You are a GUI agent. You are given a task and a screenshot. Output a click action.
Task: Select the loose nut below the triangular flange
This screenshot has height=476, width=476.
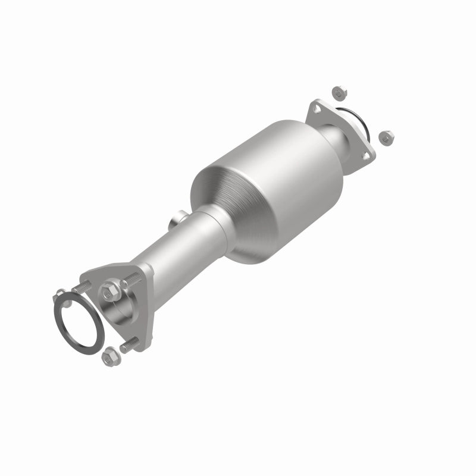pyautogui.click(x=108, y=356)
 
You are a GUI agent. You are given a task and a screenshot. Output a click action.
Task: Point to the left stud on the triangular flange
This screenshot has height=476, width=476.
pyautogui.click(x=83, y=284)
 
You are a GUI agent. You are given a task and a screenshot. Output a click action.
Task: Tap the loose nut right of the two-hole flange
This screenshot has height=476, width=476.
pyautogui.click(x=384, y=137)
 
